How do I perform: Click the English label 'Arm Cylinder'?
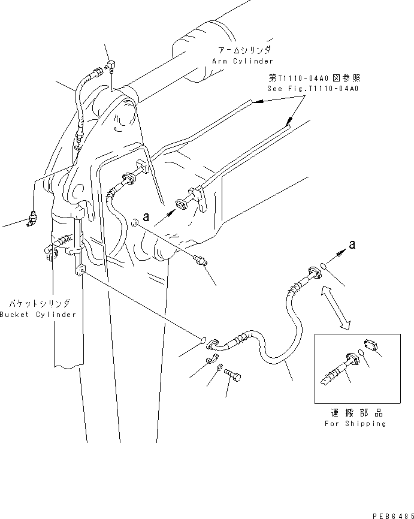(x=242, y=61)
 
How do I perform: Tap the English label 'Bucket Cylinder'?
(x=38, y=315)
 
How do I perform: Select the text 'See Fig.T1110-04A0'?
(x=312, y=88)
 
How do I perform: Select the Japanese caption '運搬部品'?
(x=357, y=413)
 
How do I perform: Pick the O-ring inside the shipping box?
(x=362, y=354)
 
